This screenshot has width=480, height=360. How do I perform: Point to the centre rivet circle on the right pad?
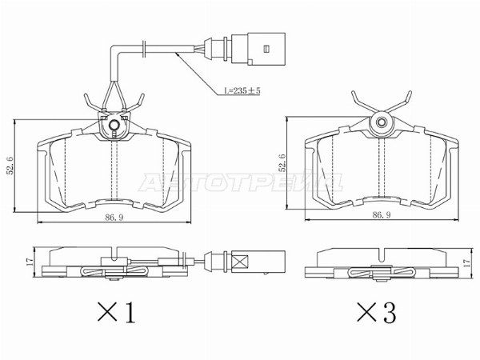pyautogui.click(x=382, y=122)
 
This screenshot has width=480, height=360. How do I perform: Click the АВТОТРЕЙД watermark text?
pyautogui.click(x=240, y=182)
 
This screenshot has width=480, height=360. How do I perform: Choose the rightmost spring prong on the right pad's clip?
pyautogui.click(x=410, y=100)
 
